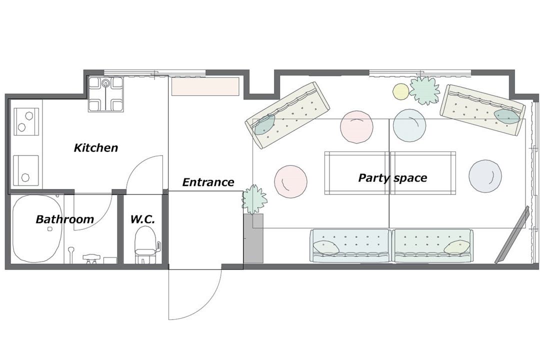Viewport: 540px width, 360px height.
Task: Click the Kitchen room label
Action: click(x=95, y=148)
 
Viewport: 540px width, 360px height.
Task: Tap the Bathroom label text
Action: click(x=64, y=219)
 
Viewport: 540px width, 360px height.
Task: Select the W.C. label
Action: click(x=142, y=219)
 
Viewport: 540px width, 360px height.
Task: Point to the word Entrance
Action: click(x=208, y=182)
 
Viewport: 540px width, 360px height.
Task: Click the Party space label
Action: click(x=392, y=178)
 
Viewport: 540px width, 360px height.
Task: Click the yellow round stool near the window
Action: click(x=401, y=91)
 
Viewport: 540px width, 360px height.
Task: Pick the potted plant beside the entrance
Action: click(x=254, y=199)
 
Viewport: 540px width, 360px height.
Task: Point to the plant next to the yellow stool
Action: click(x=424, y=90)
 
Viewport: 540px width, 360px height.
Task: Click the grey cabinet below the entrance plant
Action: click(x=253, y=238)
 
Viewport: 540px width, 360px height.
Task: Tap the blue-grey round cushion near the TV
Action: click(x=485, y=176)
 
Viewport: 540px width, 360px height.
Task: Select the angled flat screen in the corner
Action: click(x=512, y=235)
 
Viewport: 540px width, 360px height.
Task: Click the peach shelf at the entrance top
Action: click(x=205, y=86)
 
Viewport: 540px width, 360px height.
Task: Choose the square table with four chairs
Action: click(x=105, y=93)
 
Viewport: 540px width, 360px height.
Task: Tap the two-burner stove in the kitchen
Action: click(x=26, y=121)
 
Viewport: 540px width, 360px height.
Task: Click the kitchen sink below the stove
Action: click(x=26, y=170)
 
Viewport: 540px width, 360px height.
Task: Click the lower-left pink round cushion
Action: click(x=290, y=181)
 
